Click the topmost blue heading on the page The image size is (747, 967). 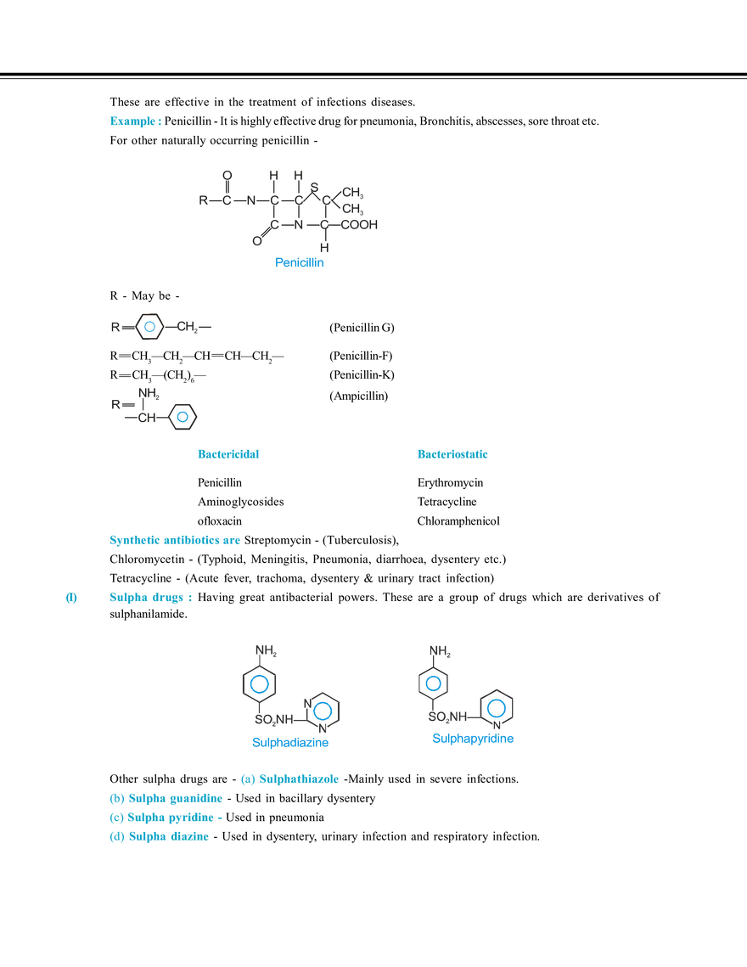133,121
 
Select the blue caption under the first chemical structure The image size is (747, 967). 299,263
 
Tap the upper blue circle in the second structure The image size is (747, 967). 149,326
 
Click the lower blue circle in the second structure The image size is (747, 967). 182,417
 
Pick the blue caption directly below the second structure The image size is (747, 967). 228,454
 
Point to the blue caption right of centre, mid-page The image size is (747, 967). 454,454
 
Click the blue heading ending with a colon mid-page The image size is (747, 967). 176,541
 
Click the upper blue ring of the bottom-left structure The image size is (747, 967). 259,683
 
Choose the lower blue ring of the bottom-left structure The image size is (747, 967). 322,711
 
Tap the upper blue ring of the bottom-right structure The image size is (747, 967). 433,683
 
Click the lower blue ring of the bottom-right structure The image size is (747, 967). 496,707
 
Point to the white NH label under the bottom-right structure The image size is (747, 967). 498,727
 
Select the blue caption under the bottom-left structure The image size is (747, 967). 291,744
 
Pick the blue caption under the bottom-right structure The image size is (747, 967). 472,739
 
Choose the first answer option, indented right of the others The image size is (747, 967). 291,779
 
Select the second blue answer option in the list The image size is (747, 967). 166,799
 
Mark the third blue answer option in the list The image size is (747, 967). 166,818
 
